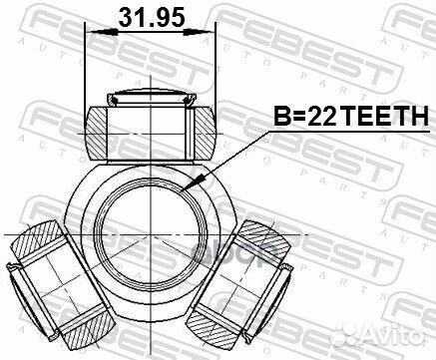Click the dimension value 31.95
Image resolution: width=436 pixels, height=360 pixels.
151,17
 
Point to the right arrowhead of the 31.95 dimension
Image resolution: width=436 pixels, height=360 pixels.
211,34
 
